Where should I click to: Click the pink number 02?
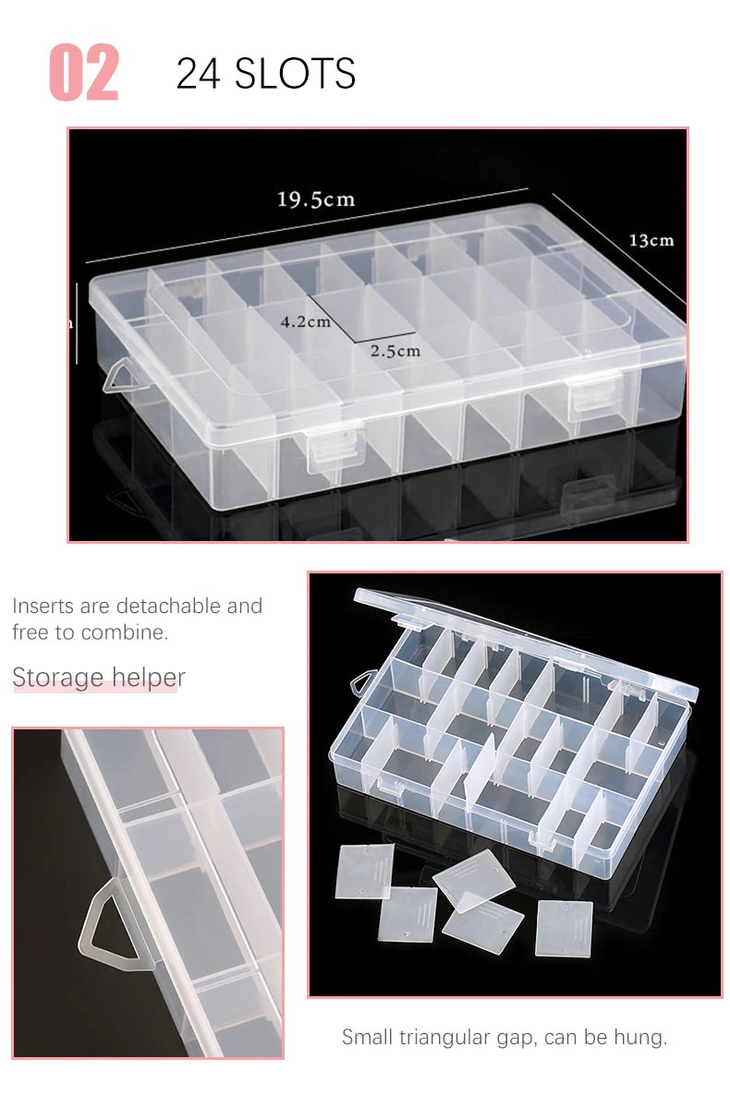(84, 73)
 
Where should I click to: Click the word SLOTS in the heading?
(295, 73)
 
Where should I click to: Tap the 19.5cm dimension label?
(316, 199)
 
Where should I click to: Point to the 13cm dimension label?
(651, 240)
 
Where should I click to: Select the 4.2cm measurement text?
(305, 322)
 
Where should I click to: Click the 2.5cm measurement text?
(395, 351)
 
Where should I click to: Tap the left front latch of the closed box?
(335, 449)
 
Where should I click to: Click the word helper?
(148, 678)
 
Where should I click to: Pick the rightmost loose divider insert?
(564, 928)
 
